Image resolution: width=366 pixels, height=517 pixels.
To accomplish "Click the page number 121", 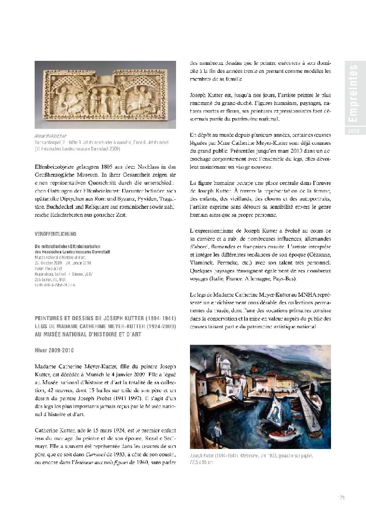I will (x=341, y=497).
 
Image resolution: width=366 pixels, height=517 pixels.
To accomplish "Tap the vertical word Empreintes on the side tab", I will (x=353, y=94).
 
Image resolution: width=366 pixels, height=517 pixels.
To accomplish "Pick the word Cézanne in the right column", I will (x=317, y=255).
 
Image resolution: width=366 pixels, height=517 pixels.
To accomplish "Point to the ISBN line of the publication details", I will (x=55, y=285).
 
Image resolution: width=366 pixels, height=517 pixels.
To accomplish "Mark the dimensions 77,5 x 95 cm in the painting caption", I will (x=202, y=463).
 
